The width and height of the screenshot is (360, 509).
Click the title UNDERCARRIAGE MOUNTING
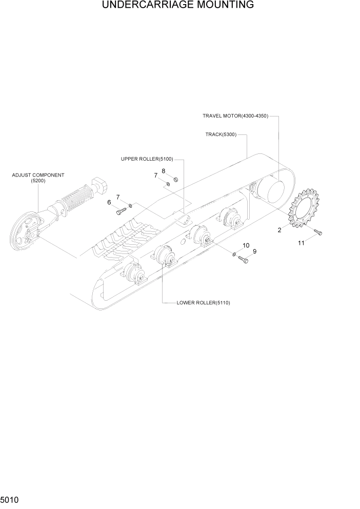177,5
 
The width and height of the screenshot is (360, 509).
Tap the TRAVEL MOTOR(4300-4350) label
235,116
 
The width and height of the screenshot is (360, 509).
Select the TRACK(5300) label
221,134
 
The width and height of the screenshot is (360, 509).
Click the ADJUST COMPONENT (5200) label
38,178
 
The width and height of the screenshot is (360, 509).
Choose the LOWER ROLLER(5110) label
203,303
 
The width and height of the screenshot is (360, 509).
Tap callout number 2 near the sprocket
279,230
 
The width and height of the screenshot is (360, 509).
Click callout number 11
301,243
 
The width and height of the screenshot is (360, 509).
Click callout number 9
254,251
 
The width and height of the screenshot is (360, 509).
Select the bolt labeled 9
243,260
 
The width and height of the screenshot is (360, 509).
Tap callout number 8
163,171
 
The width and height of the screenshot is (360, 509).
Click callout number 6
109,202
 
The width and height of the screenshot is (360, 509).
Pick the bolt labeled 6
122,210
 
